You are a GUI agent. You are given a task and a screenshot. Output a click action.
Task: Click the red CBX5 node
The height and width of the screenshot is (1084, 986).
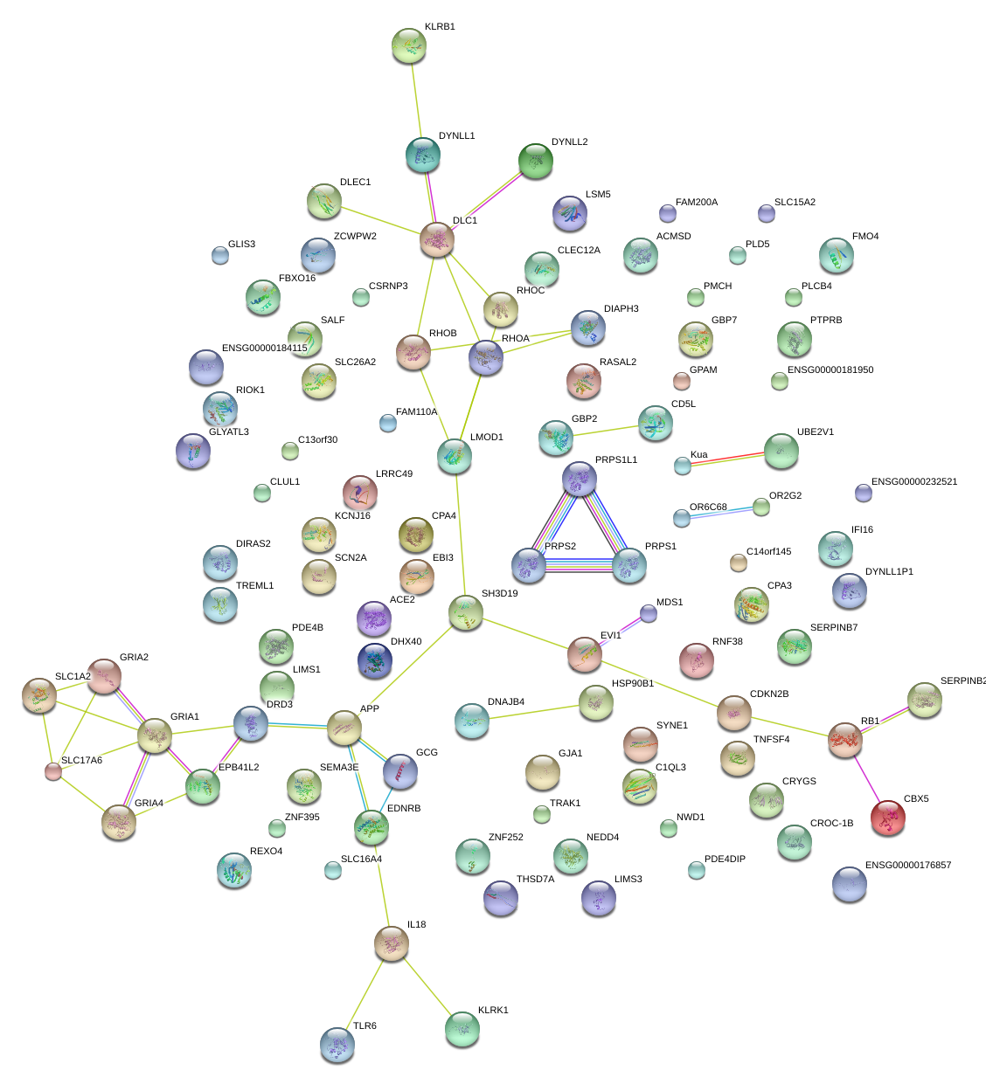(x=887, y=818)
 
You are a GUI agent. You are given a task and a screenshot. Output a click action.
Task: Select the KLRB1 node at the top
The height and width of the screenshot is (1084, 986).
(x=408, y=45)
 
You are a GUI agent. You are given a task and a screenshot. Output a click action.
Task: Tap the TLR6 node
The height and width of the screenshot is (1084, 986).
(x=337, y=1044)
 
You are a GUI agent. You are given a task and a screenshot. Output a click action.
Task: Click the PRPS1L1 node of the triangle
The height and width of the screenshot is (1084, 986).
(x=579, y=479)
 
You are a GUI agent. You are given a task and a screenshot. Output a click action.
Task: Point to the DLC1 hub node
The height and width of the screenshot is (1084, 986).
(x=436, y=238)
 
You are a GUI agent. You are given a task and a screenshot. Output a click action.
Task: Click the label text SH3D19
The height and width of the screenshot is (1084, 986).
(x=499, y=594)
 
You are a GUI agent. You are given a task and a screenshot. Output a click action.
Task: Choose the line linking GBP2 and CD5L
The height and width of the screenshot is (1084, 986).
(x=605, y=430)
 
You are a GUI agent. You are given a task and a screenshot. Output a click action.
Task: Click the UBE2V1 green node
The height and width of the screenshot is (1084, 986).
(x=781, y=451)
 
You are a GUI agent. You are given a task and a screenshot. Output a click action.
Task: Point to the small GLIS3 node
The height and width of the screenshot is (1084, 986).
(x=220, y=255)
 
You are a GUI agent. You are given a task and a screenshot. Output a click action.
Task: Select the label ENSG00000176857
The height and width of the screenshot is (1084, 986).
(x=907, y=866)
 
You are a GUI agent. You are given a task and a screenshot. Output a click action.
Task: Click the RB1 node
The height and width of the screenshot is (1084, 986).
(x=844, y=739)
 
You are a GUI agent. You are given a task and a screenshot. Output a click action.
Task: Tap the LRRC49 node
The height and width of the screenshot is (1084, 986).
(x=359, y=493)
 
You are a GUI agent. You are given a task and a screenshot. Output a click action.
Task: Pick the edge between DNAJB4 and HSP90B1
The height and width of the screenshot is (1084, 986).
(x=533, y=711)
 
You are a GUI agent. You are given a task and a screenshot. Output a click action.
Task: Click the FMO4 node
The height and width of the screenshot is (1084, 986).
(x=837, y=255)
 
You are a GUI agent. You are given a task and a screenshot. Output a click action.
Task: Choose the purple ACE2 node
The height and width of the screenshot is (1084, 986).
(x=374, y=618)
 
